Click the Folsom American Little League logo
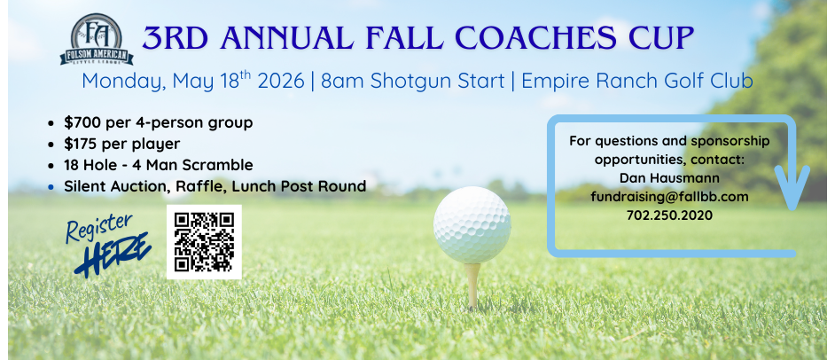pos(97,39)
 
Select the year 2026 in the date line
pos(281,81)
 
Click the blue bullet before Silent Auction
pos(51,187)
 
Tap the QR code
pos(204,242)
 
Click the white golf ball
pos(472,224)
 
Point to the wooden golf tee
pos(472,286)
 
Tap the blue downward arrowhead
pos(792,188)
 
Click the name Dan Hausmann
pos(669,178)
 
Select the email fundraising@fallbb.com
pos(669,197)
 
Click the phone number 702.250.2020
pos(669,215)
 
